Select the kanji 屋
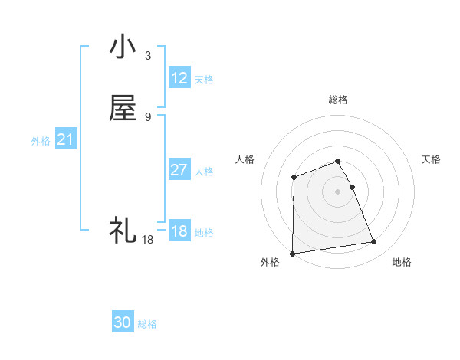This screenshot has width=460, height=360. pos(123,109)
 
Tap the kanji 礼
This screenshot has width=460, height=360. pos(123,230)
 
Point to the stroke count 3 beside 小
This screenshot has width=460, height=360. pos(147,56)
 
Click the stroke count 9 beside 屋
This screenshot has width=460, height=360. pos(147,117)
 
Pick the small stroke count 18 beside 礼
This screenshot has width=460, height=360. pos(147,240)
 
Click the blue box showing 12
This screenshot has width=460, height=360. pos(179,78)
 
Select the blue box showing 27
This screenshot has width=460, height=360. pos(179,170)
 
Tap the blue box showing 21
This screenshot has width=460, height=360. pos(66,140)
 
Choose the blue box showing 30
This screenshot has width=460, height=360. pos(123,322)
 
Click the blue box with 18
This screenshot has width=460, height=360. pos(179,231)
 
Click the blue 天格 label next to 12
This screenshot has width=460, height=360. pos(204,80)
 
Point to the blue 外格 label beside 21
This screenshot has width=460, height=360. pos(41,141)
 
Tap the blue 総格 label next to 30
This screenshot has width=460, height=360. pos(147,324)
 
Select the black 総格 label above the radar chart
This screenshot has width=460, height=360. pos(338,100)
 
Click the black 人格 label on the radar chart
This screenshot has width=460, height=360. pos(245,159)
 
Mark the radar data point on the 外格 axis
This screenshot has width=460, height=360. pos(292,254)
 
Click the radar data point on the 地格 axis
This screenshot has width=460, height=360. pos(374,242)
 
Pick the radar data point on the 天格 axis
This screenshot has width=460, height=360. pos(352,187)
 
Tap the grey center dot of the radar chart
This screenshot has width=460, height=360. pos(338,191)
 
